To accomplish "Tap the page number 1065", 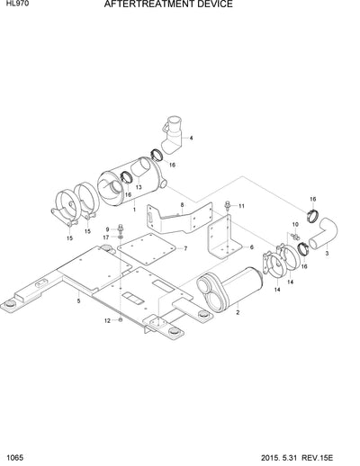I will (13, 459).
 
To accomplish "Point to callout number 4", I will (190, 139).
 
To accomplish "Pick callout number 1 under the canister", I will (134, 209).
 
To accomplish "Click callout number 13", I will (138, 186).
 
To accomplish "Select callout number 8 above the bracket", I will (182, 206).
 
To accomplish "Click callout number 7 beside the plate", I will (184, 247).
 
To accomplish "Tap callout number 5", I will (78, 302).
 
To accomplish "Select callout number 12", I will (106, 320).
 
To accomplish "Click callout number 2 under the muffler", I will (237, 312).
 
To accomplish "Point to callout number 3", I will (326, 255).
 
